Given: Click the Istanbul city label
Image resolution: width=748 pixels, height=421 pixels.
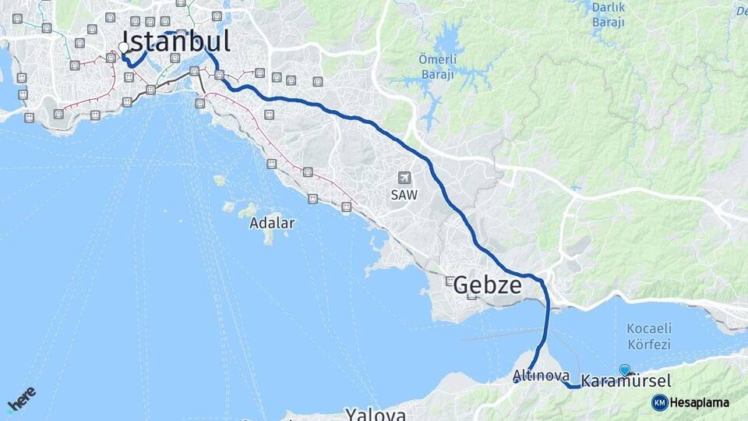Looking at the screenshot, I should coord(176,41).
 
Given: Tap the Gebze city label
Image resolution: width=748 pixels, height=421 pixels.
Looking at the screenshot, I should coord(487,285).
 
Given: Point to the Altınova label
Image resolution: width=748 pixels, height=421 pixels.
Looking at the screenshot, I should coord(541,376).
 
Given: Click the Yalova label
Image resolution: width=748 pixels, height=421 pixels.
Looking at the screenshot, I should coord(376,413).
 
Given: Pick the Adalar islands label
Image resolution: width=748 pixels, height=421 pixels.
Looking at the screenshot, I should coord(272,223).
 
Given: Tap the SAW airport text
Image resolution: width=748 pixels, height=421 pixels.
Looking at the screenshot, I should coord(404,196).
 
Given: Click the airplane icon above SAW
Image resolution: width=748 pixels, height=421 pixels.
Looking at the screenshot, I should coord(404,179).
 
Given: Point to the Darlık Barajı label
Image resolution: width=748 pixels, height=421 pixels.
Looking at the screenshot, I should coord(609,15).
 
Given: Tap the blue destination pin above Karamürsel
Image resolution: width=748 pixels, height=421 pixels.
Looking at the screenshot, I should coord(624,370).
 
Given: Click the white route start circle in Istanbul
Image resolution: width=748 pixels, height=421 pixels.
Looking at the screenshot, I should coord(124,48).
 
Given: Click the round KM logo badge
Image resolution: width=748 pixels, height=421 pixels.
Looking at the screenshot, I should coord(659,402).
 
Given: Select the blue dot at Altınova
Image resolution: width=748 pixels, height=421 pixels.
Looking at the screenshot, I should coord(517,380).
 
